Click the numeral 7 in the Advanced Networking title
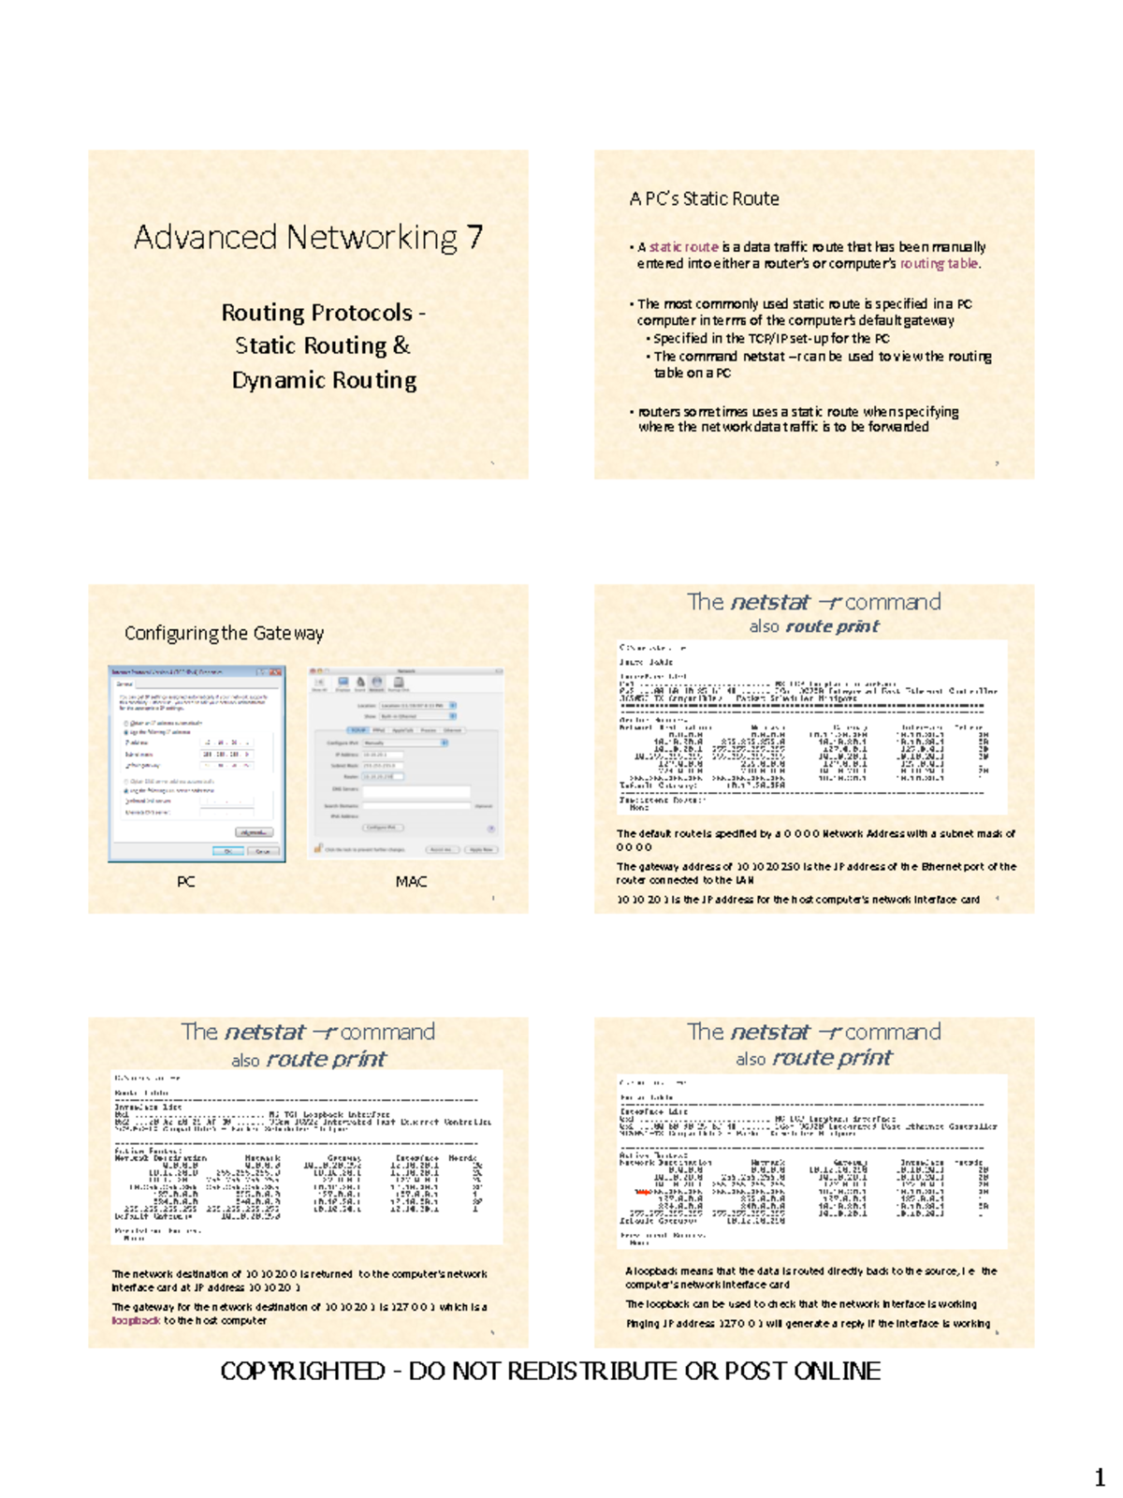pos(474,237)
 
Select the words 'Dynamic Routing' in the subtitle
pos(324,380)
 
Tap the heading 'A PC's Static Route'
pos(704,198)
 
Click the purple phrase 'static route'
pos(683,247)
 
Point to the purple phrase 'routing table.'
pos(940,264)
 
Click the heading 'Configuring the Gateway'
pos(224,633)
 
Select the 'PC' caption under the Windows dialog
pos(185,882)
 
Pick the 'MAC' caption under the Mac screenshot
pos(411,882)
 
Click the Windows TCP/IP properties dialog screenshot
pos(197,763)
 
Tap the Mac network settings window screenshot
pos(406,762)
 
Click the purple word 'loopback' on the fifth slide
pos(136,1321)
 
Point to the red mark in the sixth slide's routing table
pos(643,1192)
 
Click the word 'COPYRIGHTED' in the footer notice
pos(302,1372)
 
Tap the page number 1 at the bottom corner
pos(1100,1478)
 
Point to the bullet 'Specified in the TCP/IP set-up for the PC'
pos(770,339)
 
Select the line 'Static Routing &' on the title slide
pos(322,345)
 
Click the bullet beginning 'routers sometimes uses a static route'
pos(795,419)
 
